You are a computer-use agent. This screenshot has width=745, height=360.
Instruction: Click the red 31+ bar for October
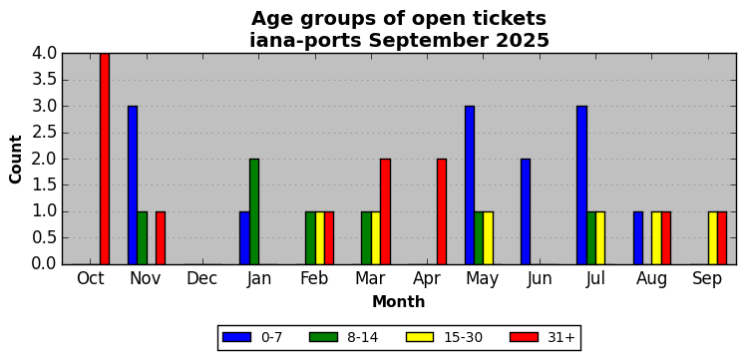105,159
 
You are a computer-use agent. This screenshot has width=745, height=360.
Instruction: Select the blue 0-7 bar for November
133,185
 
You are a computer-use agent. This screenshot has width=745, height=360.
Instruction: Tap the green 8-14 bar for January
254,211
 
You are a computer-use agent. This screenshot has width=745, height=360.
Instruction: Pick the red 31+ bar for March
385,211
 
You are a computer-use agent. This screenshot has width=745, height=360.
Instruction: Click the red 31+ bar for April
442,211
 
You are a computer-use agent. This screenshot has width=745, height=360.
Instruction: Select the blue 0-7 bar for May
470,185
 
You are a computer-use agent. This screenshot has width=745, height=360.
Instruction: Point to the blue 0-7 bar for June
526,211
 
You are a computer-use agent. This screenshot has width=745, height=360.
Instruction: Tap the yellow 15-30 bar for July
600,238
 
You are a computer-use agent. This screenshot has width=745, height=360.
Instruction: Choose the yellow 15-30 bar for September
713,238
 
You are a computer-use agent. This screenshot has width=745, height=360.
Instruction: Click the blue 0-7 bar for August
638,238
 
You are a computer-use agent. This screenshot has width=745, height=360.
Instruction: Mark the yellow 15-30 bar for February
320,238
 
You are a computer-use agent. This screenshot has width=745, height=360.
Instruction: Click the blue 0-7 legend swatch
236,337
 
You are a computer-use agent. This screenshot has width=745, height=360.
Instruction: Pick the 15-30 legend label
463,337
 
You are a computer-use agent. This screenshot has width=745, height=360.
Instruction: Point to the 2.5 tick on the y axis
44,133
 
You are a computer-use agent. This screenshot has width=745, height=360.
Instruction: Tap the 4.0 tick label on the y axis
44,54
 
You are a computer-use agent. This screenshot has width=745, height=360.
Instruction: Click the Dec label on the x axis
201,279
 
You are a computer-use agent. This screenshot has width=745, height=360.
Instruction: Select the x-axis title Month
399,301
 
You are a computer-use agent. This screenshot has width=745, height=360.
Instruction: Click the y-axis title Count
16,160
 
